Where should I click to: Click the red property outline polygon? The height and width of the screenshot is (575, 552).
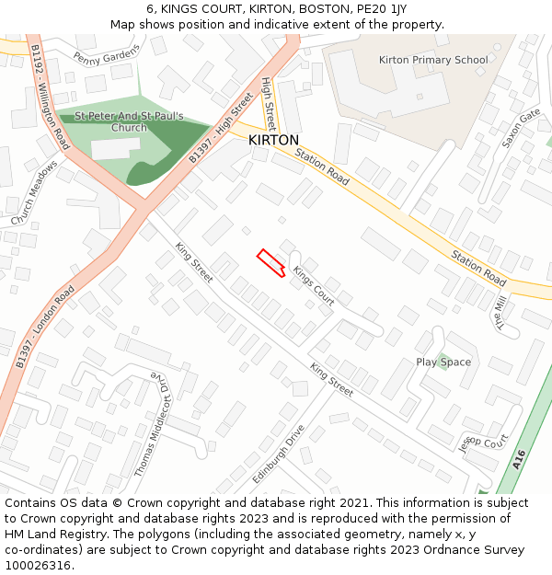tap(270, 261)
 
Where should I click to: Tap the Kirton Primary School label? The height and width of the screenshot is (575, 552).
tap(433, 60)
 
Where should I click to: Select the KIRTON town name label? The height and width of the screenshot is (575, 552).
tap(273, 140)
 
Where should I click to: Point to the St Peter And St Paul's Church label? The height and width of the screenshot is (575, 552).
tap(130, 122)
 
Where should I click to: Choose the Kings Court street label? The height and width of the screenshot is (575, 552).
tap(313, 285)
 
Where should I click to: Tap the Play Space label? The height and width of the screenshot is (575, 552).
tap(443, 362)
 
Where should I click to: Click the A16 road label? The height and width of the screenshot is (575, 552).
tap(520, 459)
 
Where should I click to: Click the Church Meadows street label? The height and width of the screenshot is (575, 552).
tap(34, 193)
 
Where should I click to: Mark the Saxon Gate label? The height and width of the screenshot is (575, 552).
tap(521, 129)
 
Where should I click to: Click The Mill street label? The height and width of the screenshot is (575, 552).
tap(501, 312)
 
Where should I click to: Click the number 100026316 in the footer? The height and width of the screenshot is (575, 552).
tap(38, 566)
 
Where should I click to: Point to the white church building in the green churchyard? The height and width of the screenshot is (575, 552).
tap(116, 147)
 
